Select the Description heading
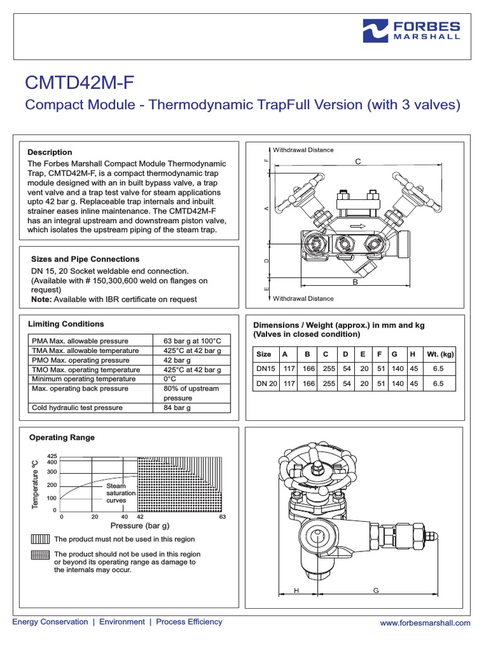click(x=50, y=152)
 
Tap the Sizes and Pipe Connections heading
click(x=85, y=259)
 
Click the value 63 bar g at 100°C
click(x=192, y=341)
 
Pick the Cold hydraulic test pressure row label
click(x=77, y=408)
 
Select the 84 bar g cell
click(x=176, y=408)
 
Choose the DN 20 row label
click(x=265, y=383)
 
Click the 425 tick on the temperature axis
click(x=52, y=455)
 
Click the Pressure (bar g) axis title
click(x=140, y=526)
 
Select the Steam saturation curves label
click(x=116, y=493)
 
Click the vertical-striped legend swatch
click(x=39, y=539)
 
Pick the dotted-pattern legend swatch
click(x=39, y=555)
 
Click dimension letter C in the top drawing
click(x=357, y=162)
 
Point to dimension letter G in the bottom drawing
click(x=376, y=590)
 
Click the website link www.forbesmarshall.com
click(x=425, y=623)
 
